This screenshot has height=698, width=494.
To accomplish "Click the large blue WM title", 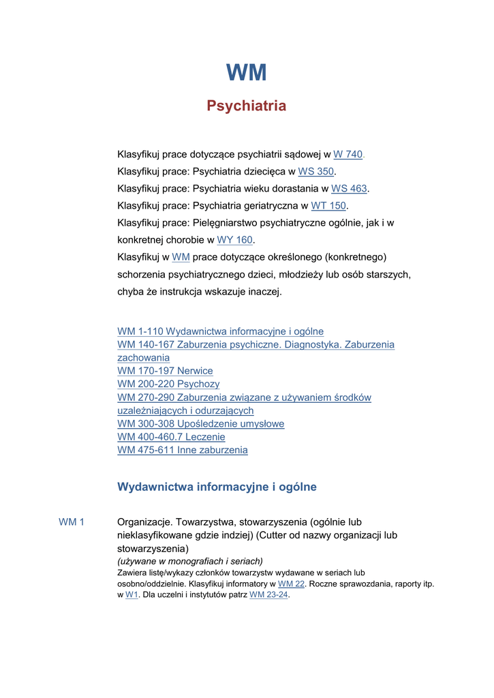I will click(x=246, y=72).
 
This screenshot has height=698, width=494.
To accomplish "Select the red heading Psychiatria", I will click(x=246, y=106).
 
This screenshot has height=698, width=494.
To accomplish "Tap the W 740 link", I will click(x=348, y=155).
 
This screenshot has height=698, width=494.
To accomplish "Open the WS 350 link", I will click(x=316, y=172).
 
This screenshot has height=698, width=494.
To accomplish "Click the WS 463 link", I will click(x=349, y=189).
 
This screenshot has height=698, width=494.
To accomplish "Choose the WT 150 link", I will click(x=328, y=206).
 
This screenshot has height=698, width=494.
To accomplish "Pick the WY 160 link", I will click(x=234, y=240).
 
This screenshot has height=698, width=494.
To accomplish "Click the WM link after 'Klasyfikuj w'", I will click(x=181, y=257).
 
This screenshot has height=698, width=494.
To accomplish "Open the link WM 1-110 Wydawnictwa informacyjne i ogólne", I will click(x=220, y=331).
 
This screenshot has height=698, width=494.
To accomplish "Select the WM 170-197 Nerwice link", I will click(x=165, y=371).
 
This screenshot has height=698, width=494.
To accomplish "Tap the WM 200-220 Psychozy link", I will click(x=168, y=384).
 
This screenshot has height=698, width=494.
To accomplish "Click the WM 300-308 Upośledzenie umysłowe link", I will click(x=200, y=424).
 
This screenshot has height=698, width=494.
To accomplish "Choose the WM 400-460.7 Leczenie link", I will click(x=171, y=437).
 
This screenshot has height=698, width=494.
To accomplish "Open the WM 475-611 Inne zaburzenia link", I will click(x=182, y=450).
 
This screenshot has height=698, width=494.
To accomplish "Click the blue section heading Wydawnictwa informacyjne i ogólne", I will click(x=217, y=487).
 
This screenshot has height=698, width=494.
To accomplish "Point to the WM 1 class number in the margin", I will click(x=72, y=522).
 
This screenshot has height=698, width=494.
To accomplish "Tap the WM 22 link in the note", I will click(x=291, y=584).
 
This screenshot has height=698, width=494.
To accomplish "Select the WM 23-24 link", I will click(x=269, y=595).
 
